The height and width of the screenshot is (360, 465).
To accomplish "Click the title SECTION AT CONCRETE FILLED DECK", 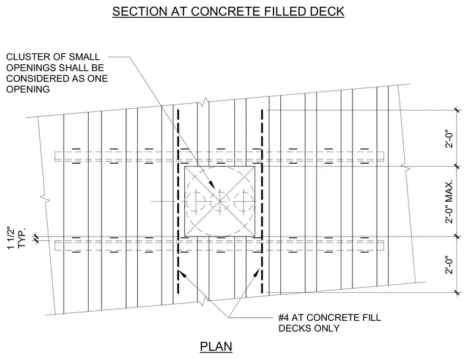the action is (228, 11).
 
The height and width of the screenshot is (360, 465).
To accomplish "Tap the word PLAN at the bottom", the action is (216, 347).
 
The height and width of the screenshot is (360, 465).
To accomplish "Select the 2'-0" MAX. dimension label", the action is (450, 201).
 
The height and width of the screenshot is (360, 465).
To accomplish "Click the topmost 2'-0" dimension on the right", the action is (450, 138).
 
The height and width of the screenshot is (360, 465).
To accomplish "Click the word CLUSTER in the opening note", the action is (28, 57).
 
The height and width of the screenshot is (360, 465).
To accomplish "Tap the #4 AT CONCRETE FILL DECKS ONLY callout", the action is (329, 323).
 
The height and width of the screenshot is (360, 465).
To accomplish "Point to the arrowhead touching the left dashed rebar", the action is (182, 274).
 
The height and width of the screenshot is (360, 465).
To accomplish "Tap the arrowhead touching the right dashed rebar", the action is (256, 273).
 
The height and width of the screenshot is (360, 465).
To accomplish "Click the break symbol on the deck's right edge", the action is (406, 167).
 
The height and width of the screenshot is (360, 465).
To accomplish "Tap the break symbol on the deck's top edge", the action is (203, 102).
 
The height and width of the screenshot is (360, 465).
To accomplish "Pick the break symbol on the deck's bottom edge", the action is (203, 301).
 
